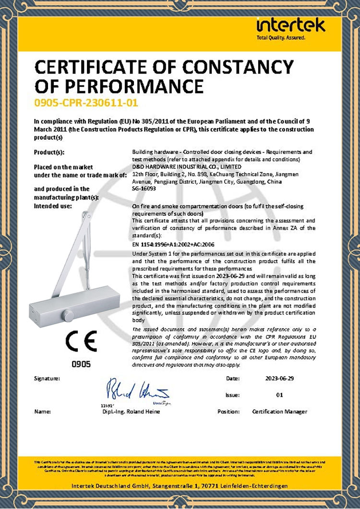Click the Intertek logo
tap(291, 27)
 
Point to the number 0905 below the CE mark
tap(81, 365)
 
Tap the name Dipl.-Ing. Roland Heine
tap(131, 412)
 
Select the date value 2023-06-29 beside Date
tap(280, 378)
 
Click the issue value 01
tap(280, 395)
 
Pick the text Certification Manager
tap(279, 412)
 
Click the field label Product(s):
tap(49, 152)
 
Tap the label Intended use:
tap(53, 206)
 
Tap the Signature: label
tap(47, 378)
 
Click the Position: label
tap(228, 412)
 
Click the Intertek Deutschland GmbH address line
tap(180, 486)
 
